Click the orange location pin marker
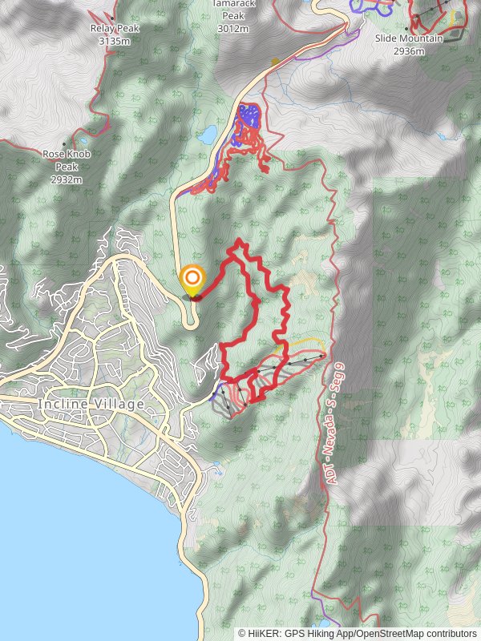click(x=192, y=280)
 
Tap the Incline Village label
click(x=91, y=404)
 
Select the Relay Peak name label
click(x=114, y=30)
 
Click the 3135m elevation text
click(x=114, y=41)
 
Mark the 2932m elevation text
click(x=66, y=179)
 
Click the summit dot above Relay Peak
click(x=113, y=18)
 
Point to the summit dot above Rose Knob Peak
click(x=65, y=144)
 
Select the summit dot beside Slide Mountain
click(x=406, y=29)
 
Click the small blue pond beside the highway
click(x=207, y=134)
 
